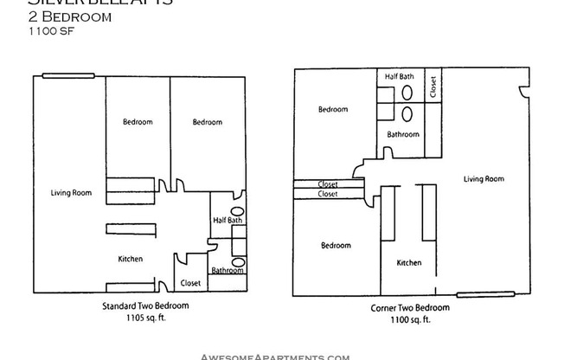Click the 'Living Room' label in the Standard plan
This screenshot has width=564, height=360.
click(71, 193)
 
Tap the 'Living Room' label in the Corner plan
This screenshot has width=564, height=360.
click(484, 179)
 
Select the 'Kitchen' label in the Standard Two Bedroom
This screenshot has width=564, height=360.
click(131, 259)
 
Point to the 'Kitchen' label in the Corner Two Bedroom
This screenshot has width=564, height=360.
click(409, 263)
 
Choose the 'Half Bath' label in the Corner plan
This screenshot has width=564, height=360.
click(400, 77)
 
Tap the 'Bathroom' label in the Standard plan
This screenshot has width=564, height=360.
click(228, 270)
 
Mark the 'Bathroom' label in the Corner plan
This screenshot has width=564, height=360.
click(402, 134)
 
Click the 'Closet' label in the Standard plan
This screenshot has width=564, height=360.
click(190, 283)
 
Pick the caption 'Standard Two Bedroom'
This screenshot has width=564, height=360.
click(140, 306)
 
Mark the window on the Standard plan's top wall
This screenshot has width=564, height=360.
click(57, 76)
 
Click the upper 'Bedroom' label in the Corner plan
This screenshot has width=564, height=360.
click(332, 110)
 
